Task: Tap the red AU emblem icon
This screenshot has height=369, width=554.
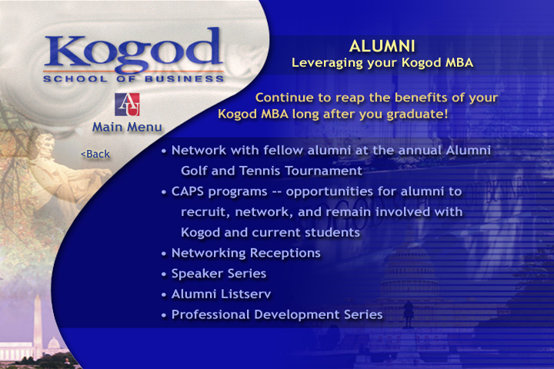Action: pyautogui.click(x=126, y=104)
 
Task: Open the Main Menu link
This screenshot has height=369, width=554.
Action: pyautogui.click(x=127, y=127)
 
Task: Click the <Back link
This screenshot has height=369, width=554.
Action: pyautogui.click(x=95, y=154)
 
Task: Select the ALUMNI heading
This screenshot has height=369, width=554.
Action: pyautogui.click(x=382, y=45)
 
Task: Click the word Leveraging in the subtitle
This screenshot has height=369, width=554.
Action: pyautogui.click(x=327, y=62)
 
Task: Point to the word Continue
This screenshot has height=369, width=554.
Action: pyautogui.click(x=285, y=98)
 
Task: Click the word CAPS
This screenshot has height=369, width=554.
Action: pyautogui.click(x=189, y=191)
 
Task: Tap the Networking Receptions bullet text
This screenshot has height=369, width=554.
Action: pyautogui.click(x=245, y=253)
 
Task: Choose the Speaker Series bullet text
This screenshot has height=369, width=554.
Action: pyautogui.click(x=219, y=274)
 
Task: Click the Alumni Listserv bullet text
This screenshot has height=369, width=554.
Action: pyautogui.click(x=221, y=294)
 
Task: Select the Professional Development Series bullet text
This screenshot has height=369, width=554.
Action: pyautogui.click(x=276, y=314)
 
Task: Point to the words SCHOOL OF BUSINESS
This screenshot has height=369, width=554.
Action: pyautogui.click(x=133, y=78)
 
